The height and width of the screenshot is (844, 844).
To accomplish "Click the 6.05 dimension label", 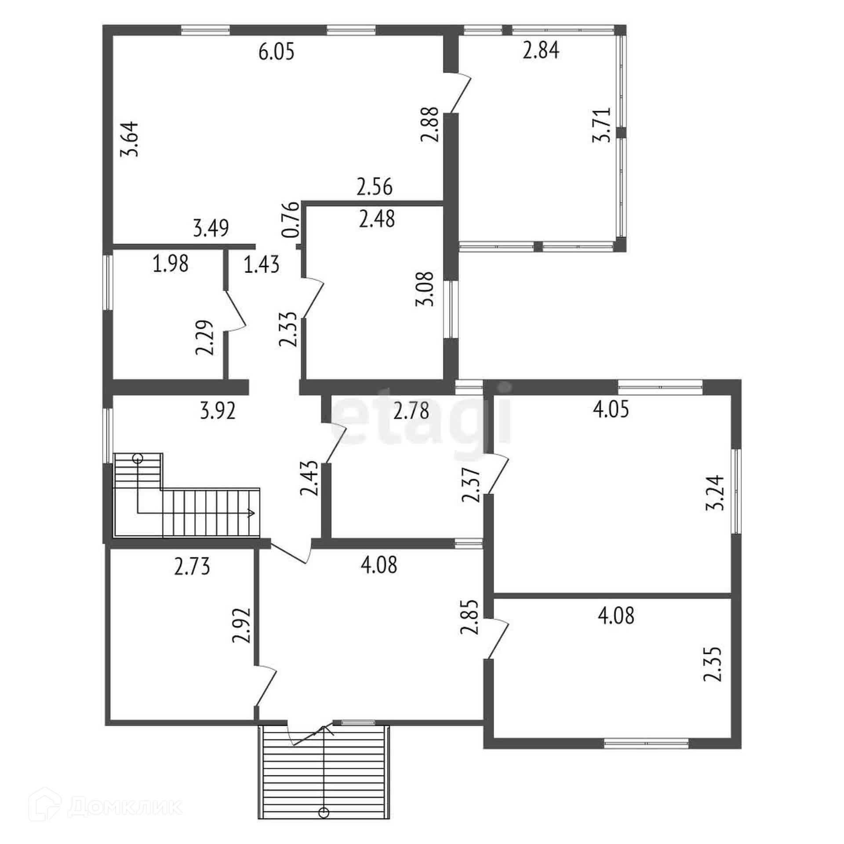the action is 276,52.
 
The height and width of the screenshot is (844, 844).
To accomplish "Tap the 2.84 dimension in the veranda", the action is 541,51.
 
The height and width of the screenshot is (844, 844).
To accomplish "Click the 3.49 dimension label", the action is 211,229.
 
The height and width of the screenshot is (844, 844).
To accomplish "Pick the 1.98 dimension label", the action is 171,264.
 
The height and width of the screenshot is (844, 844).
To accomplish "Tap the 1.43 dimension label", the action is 262,266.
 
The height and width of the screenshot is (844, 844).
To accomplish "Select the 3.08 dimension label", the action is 425,289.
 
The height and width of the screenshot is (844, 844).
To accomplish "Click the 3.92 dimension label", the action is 218,411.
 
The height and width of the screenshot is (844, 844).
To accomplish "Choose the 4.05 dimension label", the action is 611,409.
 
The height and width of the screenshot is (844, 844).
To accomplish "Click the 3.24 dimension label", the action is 714,492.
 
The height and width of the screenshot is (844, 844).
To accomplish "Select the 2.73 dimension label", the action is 192,567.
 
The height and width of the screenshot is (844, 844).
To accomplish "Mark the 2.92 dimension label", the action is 242,626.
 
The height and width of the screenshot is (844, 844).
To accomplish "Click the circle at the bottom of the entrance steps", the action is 324,813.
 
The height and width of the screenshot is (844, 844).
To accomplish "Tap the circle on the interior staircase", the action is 138,459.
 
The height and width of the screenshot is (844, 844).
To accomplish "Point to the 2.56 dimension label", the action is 374,187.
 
